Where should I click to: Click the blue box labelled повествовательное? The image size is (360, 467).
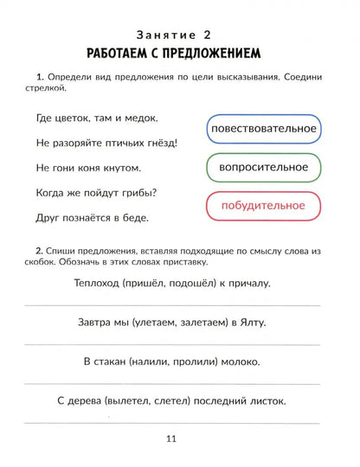point(263,129)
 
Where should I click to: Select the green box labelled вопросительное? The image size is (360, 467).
point(263,167)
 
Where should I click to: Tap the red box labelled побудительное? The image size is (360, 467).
point(263,206)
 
